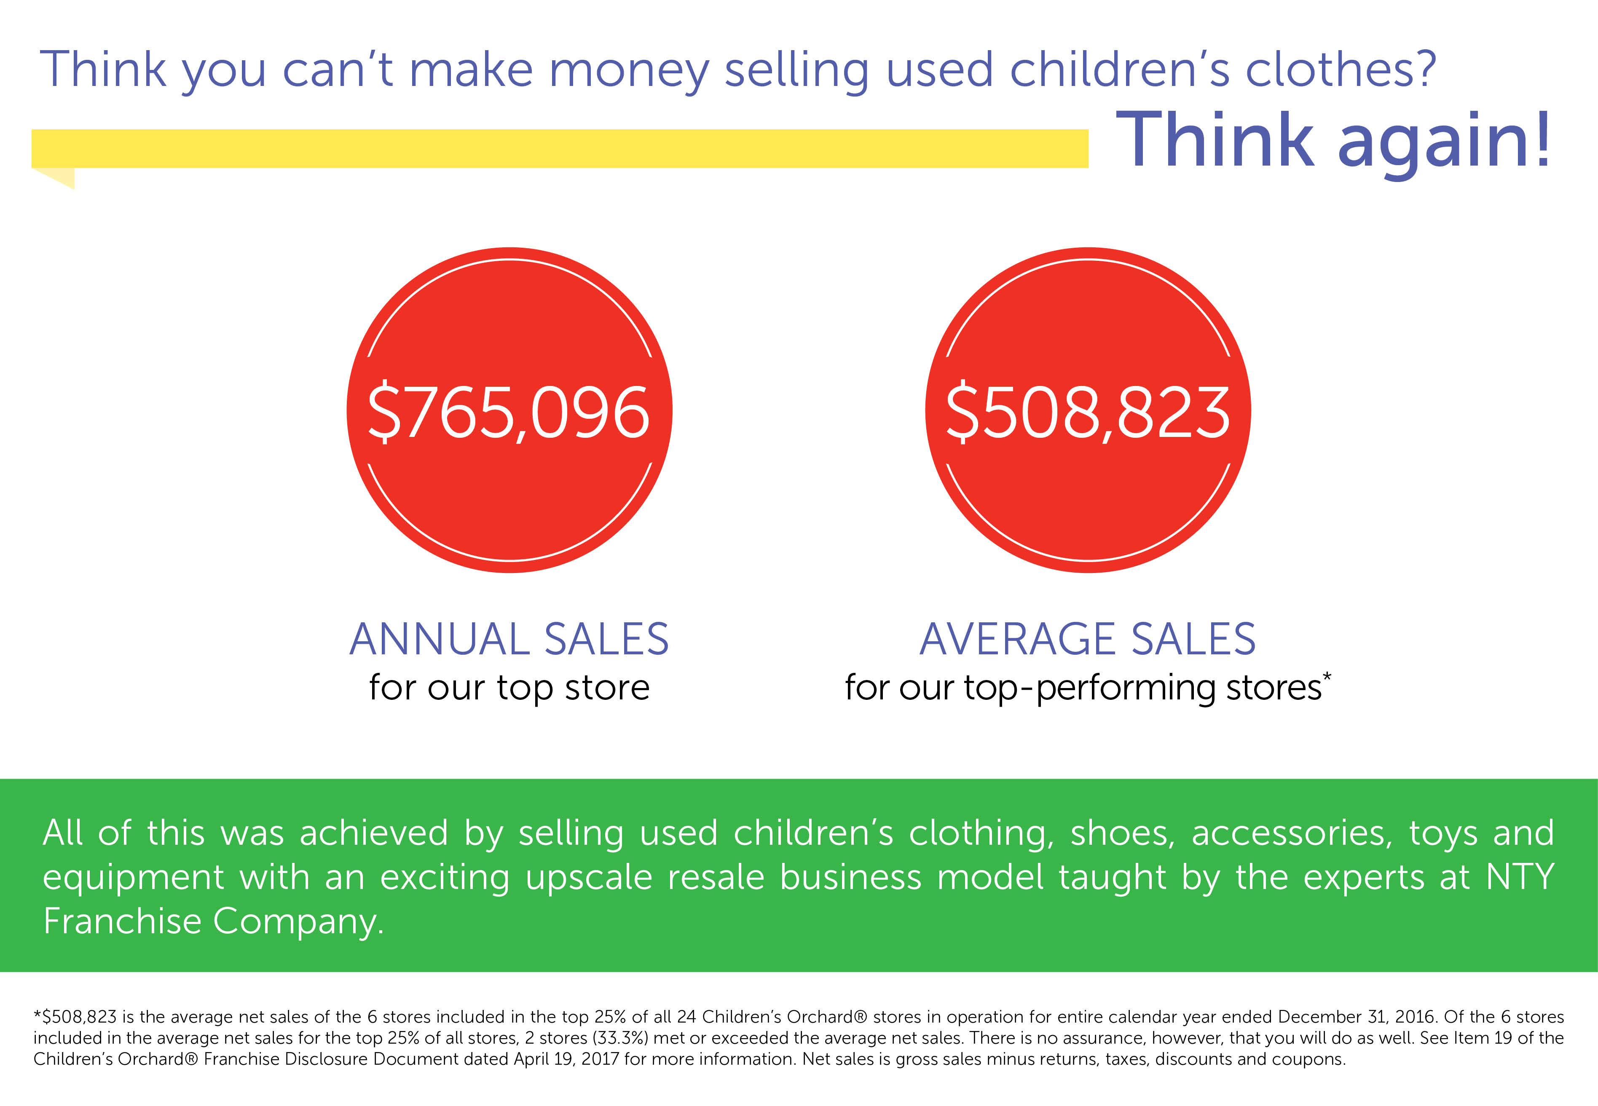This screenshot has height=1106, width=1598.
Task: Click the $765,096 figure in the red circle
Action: pyautogui.click(x=509, y=413)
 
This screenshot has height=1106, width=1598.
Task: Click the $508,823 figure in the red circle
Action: pyautogui.click(x=1088, y=413)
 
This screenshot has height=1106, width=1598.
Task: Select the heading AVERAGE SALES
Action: pyautogui.click(x=1088, y=638)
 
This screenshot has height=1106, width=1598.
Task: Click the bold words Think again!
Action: pyautogui.click(x=1333, y=142)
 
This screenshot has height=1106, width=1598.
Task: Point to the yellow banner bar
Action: pyautogui.click(x=560, y=148)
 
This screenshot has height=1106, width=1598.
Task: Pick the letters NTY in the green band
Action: pyautogui.click(x=1520, y=877)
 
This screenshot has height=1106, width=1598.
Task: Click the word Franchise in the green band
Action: pyautogui.click(x=122, y=921)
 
